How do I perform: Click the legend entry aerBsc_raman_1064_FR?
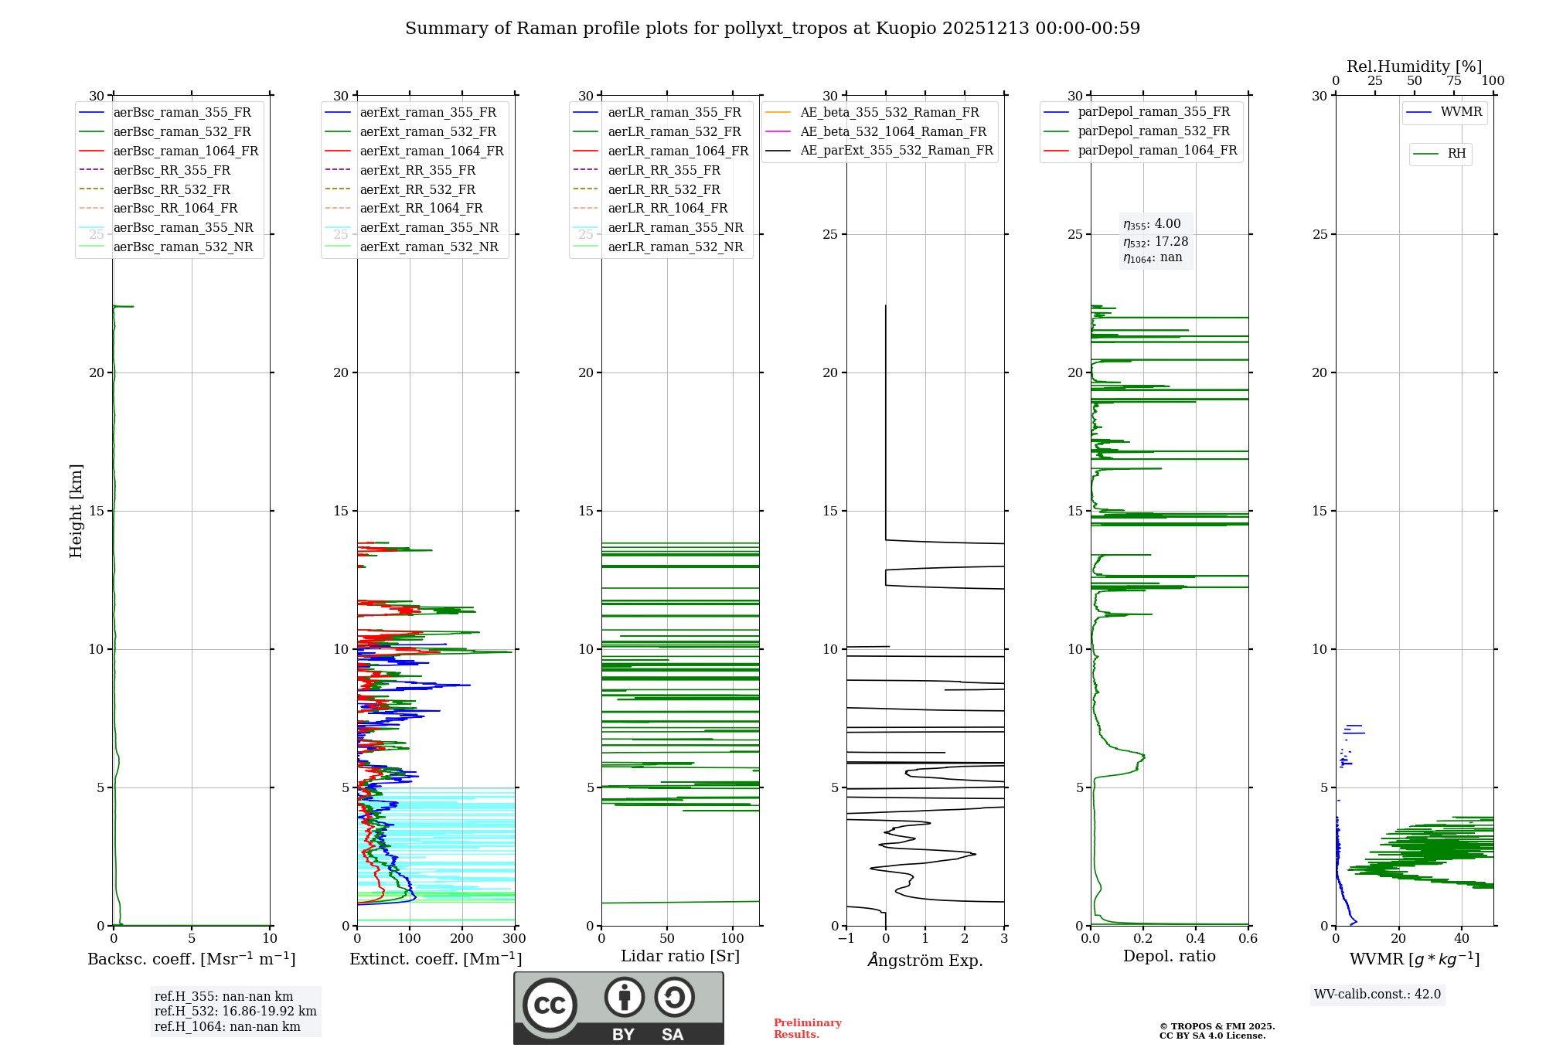(186, 151)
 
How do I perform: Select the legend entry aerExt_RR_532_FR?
(417, 190)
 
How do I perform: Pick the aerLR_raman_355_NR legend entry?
(675, 228)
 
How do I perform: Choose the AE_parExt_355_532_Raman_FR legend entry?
(896, 151)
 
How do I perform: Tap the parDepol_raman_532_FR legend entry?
(1153, 131)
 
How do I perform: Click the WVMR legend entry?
(1461, 113)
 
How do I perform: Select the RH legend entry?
(1456, 154)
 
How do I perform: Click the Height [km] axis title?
(76, 511)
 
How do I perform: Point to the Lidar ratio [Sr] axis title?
(680, 956)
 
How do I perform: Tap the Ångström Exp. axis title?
(925, 961)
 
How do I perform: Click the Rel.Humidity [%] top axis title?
(1414, 66)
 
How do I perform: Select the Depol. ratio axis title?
(1169, 956)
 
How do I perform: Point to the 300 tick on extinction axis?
(514, 939)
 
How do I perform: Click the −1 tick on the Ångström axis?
(846, 939)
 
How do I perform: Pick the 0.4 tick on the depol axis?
(1196, 939)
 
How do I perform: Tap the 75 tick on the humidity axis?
(1453, 81)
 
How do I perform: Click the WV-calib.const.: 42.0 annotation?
(1377, 995)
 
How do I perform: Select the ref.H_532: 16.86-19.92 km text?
(235, 1012)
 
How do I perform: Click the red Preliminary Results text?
(807, 1029)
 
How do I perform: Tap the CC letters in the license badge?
(550, 1005)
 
